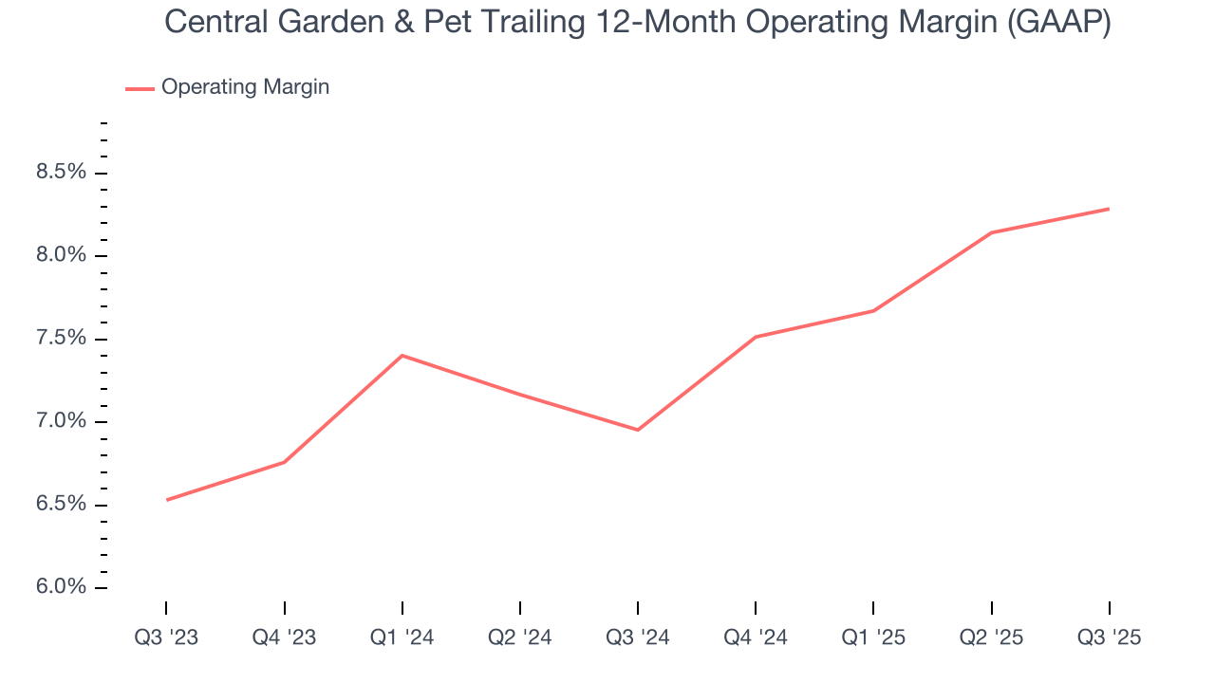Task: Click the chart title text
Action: pyautogui.click(x=638, y=22)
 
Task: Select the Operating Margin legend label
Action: pyautogui.click(x=245, y=87)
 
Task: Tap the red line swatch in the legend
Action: pyautogui.click(x=140, y=88)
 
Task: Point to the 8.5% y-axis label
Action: pyautogui.click(x=61, y=173)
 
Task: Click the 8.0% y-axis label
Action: pyautogui.click(x=61, y=256)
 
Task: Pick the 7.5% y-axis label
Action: pyautogui.click(x=61, y=339)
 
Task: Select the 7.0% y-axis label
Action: pyautogui.click(x=61, y=422)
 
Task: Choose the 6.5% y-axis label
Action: pyautogui.click(x=61, y=505)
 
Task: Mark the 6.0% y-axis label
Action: pyautogui.click(x=61, y=587)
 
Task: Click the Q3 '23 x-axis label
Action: pyautogui.click(x=166, y=638)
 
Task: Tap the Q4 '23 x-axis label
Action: pyautogui.click(x=284, y=638)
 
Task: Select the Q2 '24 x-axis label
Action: pyautogui.click(x=520, y=638)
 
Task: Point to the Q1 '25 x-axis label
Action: pyautogui.click(x=873, y=638)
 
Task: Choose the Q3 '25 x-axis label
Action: pyautogui.click(x=1109, y=638)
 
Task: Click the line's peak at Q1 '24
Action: pyautogui.click(x=402, y=356)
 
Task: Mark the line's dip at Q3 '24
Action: pyautogui.click(x=638, y=430)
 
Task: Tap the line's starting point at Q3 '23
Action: pyautogui.click(x=167, y=500)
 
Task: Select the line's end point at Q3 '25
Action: pyautogui.click(x=1109, y=209)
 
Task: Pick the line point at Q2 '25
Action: pyautogui.click(x=991, y=232)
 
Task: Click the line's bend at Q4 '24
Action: pyautogui.click(x=756, y=337)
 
